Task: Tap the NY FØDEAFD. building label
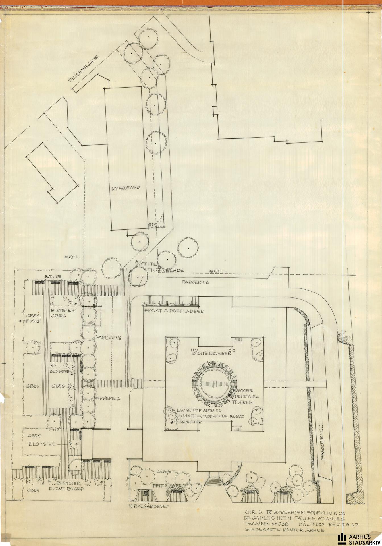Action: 126,188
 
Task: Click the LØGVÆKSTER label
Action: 189,423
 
